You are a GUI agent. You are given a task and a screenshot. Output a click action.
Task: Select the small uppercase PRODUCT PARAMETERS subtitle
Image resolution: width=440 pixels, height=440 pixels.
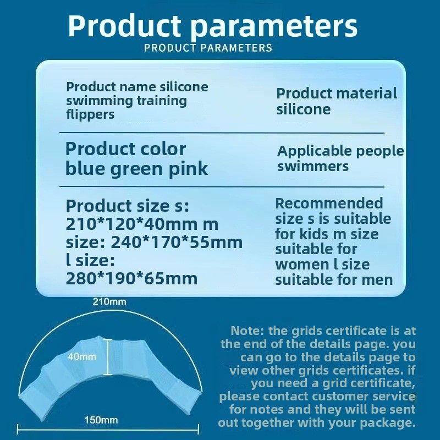[x=208, y=48]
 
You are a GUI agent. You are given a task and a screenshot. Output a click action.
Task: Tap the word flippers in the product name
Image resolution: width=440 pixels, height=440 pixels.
[x=90, y=114]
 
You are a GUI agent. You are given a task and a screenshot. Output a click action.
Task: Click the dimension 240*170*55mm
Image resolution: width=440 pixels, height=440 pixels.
[x=177, y=242]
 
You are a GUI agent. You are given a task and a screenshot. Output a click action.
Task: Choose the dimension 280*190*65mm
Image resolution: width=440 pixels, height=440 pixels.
[x=131, y=278]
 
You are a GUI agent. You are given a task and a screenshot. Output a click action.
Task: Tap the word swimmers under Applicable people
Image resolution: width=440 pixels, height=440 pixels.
[x=313, y=166]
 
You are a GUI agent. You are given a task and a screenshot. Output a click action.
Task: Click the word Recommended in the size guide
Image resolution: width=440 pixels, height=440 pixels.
[x=329, y=203]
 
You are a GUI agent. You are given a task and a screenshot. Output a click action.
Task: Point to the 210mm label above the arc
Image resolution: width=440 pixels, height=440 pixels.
[x=109, y=302]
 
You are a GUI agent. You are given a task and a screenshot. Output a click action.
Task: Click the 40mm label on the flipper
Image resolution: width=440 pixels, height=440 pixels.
[x=81, y=356]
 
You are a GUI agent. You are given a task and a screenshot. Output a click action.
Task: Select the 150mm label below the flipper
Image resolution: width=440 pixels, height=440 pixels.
[x=101, y=420]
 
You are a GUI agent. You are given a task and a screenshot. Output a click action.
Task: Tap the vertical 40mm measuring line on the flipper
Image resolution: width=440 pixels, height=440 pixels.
[x=108, y=357]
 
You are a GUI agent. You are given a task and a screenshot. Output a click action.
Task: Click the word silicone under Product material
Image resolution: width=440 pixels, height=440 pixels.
[x=304, y=109]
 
